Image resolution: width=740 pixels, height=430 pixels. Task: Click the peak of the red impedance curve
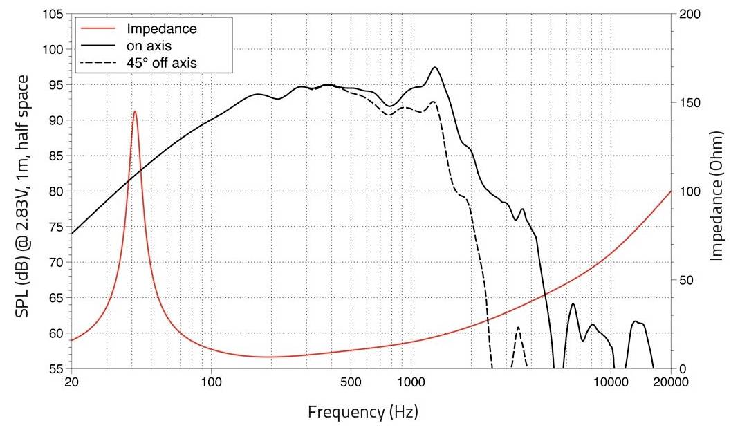coord(135,111)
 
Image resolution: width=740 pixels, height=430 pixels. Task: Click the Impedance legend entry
coord(162,29)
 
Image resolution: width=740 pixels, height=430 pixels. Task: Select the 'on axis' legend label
coord(149,46)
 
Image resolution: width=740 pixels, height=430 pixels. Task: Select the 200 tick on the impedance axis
coord(688,15)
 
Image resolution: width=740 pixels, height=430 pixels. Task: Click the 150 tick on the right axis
coord(688,103)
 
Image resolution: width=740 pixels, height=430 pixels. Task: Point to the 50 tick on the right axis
coord(685,280)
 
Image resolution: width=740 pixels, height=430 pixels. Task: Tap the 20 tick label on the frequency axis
coord(71,382)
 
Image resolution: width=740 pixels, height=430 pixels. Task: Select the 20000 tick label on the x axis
coord(670,382)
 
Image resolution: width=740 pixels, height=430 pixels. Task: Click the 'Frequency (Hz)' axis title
coord(362,413)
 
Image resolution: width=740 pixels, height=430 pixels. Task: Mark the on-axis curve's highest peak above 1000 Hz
coord(434,68)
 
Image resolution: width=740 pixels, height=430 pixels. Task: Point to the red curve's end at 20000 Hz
coord(670,191)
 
